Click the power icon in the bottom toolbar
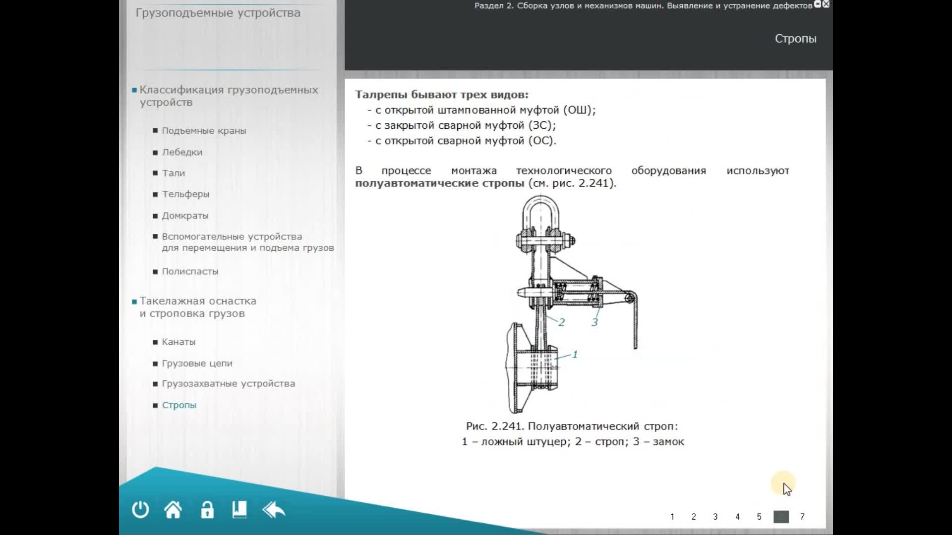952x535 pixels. coord(140,510)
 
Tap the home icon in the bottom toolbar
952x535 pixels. coord(173,510)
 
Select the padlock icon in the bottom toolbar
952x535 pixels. coord(207,510)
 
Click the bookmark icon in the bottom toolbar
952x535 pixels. coord(239,510)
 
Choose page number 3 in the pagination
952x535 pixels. coord(715,517)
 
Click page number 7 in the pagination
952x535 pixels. coord(802,517)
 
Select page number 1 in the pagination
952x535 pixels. coord(672,517)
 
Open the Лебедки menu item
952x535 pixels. coord(182,152)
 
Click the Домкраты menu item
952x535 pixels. coord(185,215)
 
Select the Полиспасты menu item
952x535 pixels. coord(190,271)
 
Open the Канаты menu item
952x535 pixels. coord(178,342)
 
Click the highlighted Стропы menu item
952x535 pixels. coord(179,405)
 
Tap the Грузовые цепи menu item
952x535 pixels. coord(197,363)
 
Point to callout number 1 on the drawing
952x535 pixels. coord(575,354)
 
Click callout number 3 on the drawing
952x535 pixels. coord(595,322)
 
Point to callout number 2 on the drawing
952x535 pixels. coord(561,322)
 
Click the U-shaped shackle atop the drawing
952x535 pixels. coord(525,211)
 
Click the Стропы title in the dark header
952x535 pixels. coord(795,39)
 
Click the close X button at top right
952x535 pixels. coord(826,4)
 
